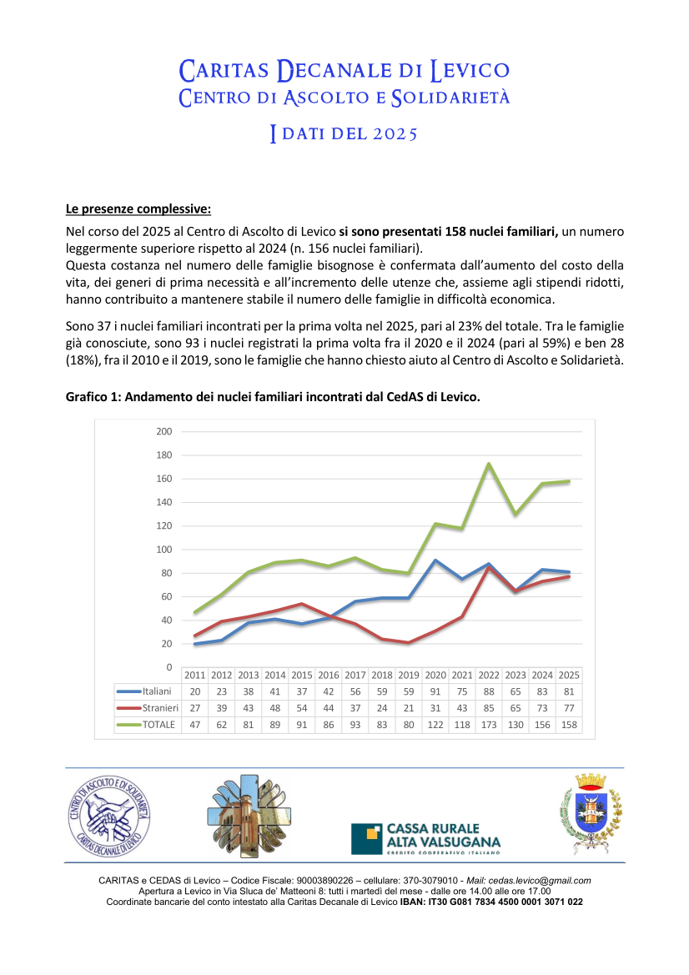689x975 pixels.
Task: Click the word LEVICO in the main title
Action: [470, 70]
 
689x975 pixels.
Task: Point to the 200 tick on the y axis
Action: [163, 431]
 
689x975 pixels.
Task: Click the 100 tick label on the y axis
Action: [163, 550]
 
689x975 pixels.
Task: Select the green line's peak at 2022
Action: [489, 464]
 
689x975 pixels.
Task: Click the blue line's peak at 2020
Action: [435, 560]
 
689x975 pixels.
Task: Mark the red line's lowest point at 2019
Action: [409, 642]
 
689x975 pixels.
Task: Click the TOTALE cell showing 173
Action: [489, 725]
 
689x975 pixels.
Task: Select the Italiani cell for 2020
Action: [435, 691]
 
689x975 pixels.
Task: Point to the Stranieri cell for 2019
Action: [409, 708]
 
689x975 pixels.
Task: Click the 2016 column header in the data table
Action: [329, 675]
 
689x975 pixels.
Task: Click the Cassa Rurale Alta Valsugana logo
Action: [425, 838]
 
